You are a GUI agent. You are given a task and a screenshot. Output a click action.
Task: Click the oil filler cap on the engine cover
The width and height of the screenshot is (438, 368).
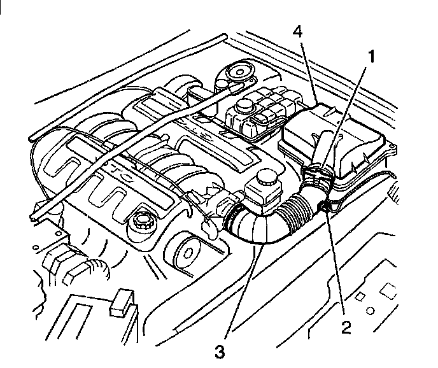[x=141, y=223]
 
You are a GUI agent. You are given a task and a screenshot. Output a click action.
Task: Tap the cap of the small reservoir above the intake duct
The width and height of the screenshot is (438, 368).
[x=262, y=181]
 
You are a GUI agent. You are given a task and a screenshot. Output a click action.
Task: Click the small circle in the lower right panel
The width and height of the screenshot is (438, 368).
[x=369, y=312]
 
